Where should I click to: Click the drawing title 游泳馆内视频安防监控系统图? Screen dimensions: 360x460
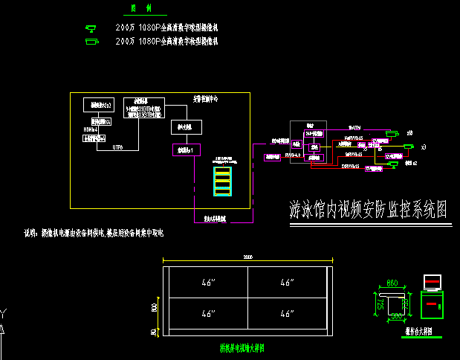(x=369, y=210)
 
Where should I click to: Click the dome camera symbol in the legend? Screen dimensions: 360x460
(x=92, y=28)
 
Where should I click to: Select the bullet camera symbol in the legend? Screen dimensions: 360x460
(x=92, y=42)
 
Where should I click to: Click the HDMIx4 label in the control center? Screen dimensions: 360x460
(x=89, y=129)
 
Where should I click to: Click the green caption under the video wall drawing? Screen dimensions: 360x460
(x=242, y=347)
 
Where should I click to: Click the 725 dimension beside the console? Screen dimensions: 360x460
(x=380, y=304)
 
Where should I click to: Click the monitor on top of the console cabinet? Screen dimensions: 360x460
(x=432, y=283)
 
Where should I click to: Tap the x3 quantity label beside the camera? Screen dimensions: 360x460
(x=423, y=148)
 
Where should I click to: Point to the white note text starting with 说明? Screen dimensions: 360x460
(x=93, y=234)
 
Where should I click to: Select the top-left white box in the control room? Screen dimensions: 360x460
(x=97, y=105)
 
